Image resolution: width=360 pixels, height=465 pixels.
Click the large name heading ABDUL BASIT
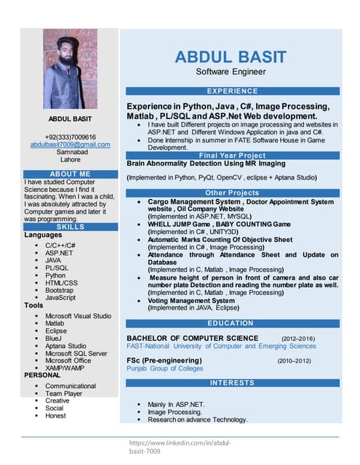click(x=231, y=57)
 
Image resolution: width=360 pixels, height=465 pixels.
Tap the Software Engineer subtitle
click(x=231, y=72)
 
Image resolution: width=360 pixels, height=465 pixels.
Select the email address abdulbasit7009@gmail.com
click(x=70, y=145)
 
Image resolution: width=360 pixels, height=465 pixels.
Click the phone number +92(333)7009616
click(x=70, y=137)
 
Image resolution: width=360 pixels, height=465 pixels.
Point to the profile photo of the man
click(x=70, y=69)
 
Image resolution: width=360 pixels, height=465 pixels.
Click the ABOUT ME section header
click(x=71, y=174)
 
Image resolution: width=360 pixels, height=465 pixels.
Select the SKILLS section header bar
click(x=71, y=227)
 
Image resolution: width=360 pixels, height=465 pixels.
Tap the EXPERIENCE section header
click(x=233, y=91)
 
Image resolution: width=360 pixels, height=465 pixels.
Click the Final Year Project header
click(x=233, y=155)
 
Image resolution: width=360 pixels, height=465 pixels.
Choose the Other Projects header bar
click(x=233, y=193)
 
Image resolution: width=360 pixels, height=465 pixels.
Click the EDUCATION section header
click(x=233, y=323)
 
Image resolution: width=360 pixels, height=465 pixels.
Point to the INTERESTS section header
click(x=233, y=382)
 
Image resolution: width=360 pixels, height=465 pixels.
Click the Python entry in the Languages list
click(x=55, y=275)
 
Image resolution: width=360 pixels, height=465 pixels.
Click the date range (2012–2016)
click(x=297, y=339)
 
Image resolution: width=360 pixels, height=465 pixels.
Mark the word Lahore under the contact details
click(x=71, y=159)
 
